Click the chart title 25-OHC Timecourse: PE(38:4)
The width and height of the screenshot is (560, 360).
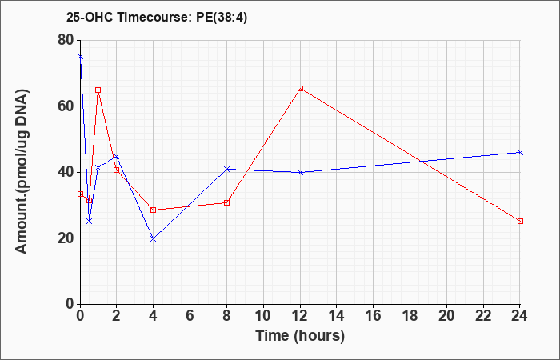point(157,17)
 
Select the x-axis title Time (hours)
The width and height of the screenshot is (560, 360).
point(300,336)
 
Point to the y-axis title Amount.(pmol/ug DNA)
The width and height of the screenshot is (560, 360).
point(22,172)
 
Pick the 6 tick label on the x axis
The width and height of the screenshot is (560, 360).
point(190,316)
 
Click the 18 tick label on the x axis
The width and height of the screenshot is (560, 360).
point(410,316)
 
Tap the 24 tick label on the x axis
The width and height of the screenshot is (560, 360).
point(520,316)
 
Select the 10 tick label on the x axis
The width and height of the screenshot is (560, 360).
point(263,316)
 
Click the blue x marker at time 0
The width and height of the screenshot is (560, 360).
point(80,57)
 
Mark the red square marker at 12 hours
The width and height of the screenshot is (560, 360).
point(300,88)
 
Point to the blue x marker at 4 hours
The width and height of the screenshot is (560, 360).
point(154,238)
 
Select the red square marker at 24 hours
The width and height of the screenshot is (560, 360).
point(520,221)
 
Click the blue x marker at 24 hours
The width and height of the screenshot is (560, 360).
point(520,153)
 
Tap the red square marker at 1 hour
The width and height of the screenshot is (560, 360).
point(98,90)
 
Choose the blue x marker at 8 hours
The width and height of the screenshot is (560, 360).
point(226,169)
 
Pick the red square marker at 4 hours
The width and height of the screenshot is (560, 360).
point(154,210)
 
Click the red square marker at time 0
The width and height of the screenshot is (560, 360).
point(80,194)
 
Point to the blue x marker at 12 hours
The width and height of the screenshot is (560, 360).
point(300,172)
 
